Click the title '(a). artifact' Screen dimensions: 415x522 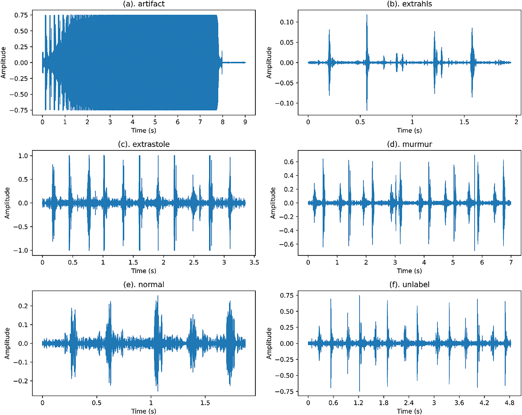click(x=144, y=4)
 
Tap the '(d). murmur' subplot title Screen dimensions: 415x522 click(x=409, y=144)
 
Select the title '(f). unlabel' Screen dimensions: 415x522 click(x=409, y=284)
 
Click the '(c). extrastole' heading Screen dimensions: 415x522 click(x=144, y=144)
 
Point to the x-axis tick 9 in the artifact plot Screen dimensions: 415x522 click(x=245, y=122)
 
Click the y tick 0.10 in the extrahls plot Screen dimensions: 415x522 click(x=287, y=22)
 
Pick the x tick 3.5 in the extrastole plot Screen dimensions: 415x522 click(x=254, y=262)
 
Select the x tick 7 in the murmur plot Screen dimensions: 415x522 click(x=511, y=262)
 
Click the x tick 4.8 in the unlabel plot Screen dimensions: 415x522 click(x=509, y=403)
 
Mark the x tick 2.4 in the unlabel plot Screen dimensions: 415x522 click(x=409, y=403)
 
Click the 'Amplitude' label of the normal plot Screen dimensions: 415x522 click(x=7, y=343)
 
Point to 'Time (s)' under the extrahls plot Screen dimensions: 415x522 click(x=409, y=131)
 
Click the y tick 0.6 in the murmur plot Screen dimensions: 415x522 click(x=289, y=162)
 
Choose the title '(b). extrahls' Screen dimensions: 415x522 click(x=409, y=4)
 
